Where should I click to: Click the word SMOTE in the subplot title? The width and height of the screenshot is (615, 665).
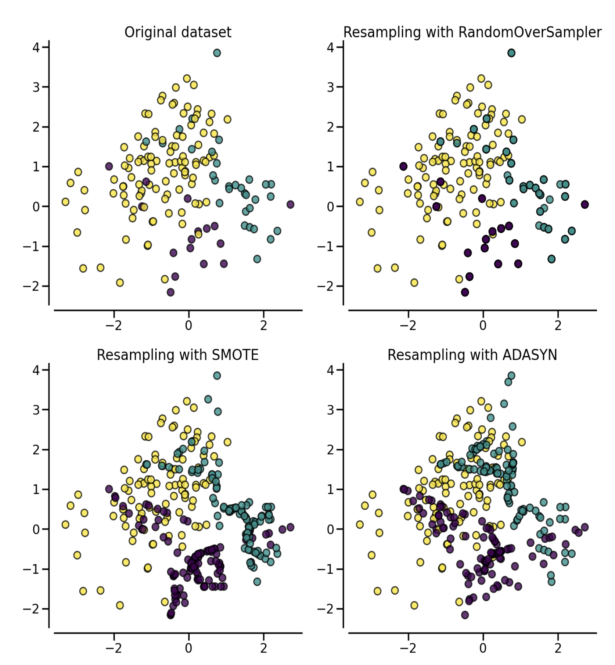235,355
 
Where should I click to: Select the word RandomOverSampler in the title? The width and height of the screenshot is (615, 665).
530,33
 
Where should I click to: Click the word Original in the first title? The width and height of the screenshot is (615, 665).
146,33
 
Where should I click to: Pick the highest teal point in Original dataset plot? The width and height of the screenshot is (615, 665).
217,53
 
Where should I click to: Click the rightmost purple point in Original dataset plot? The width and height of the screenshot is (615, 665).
290,204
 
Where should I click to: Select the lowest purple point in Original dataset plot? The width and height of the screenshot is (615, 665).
170,292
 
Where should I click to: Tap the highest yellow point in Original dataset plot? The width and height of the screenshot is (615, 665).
187,78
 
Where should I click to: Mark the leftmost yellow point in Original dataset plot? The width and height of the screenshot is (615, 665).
65,202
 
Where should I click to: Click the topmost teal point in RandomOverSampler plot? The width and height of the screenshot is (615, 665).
511,53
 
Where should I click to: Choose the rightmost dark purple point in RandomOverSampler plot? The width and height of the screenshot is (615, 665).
585,204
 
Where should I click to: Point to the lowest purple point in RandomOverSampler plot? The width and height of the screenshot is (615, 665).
465,292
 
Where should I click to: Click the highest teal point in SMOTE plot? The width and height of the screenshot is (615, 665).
217,375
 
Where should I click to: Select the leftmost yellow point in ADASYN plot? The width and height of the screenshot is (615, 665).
360,525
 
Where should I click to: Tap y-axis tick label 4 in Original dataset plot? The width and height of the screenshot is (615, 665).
36,47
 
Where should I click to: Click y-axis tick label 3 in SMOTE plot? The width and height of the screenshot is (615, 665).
36,410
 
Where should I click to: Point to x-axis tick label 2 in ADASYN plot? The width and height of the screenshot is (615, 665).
558,648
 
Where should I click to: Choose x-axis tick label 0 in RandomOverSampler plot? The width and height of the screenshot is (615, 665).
483,326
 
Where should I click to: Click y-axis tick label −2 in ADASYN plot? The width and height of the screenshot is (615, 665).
325,609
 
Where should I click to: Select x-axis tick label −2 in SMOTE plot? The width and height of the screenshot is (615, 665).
114,648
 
